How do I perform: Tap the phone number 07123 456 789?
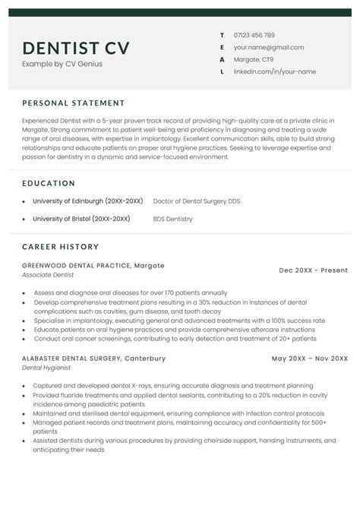point(254,35)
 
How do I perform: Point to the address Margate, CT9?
point(254,59)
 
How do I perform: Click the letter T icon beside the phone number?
point(221,35)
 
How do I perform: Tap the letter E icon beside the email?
point(221,47)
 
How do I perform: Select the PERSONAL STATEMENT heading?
point(74,103)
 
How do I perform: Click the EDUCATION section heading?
point(49,183)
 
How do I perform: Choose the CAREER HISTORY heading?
point(61,247)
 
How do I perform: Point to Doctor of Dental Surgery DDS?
point(196,201)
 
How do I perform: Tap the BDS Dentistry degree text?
point(172,219)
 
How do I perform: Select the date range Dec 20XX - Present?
point(313,270)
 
